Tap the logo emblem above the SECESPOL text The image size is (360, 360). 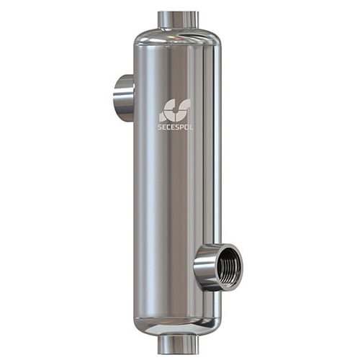click(x=175, y=110)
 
